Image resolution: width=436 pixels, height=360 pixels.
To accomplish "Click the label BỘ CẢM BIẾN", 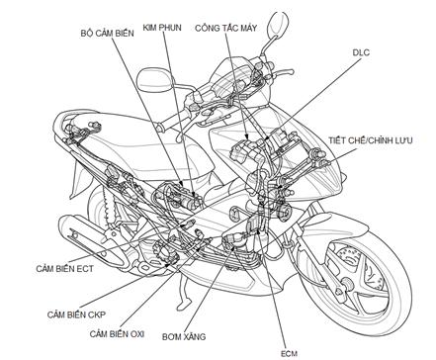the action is pyautogui.click(x=107, y=34).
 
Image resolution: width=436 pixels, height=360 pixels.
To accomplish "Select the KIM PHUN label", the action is pyautogui.click(x=162, y=27).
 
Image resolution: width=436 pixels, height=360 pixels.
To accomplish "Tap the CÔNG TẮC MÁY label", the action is pyautogui.click(x=225, y=28).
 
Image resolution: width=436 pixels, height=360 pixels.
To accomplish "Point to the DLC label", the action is pyautogui.click(x=361, y=52).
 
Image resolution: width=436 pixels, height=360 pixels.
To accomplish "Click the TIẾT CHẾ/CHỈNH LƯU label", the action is pyautogui.click(x=370, y=140).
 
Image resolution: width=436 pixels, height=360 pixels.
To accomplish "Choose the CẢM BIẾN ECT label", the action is pyautogui.click(x=64, y=268).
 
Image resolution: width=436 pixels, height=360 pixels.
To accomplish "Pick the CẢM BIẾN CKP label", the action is pyautogui.click(x=76, y=315).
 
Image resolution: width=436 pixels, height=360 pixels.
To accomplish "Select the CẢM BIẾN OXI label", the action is pyautogui.click(x=117, y=333).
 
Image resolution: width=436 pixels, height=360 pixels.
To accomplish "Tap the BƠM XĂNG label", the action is pyautogui.click(x=184, y=336).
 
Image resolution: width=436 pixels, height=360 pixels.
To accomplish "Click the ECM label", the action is pyautogui.click(x=289, y=354).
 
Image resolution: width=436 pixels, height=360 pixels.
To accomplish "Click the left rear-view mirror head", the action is pyautogui.click(x=155, y=80).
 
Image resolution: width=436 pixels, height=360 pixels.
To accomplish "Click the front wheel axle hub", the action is pyautogui.click(x=346, y=283).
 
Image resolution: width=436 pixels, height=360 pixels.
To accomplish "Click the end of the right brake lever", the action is pyautogui.click(x=291, y=71).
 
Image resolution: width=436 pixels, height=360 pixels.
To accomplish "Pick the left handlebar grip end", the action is pyautogui.click(x=161, y=127).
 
